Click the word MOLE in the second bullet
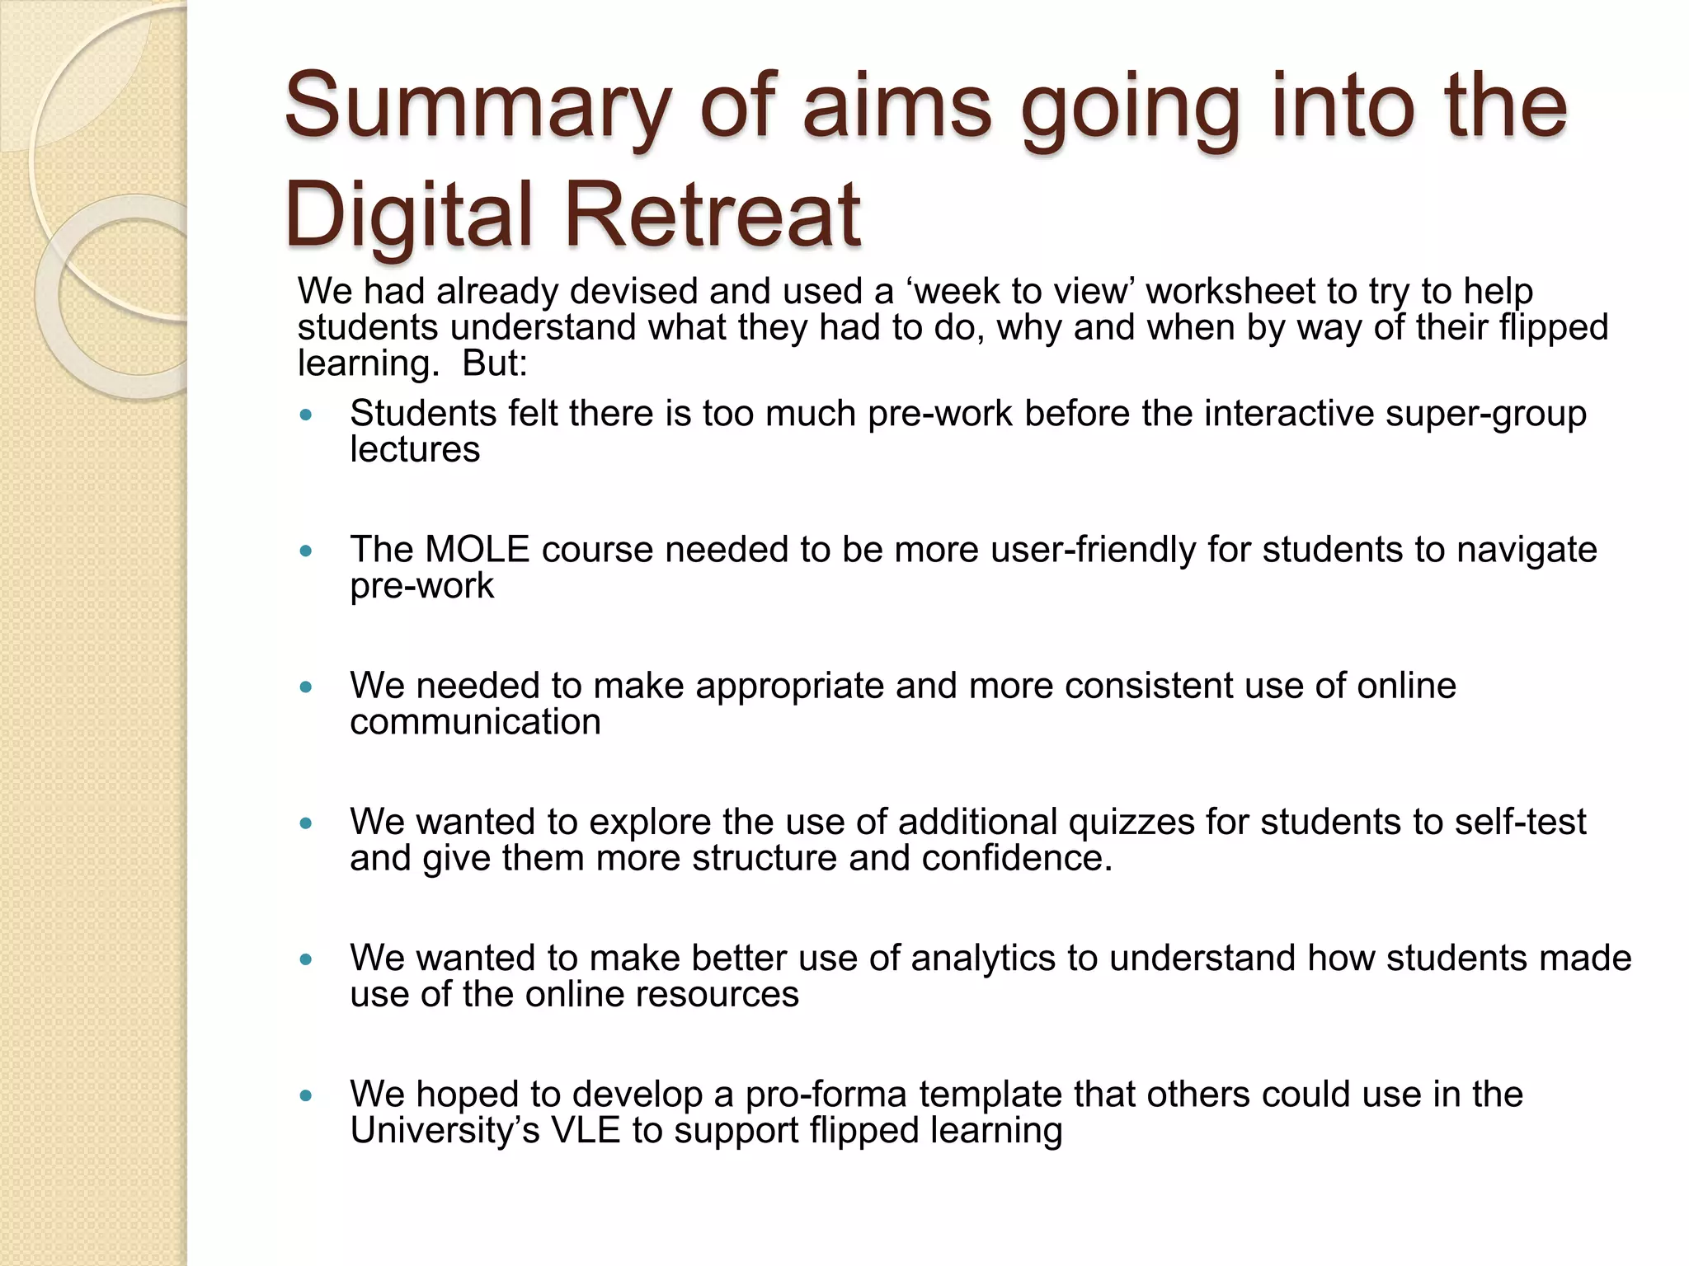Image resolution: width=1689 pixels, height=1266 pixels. point(477,550)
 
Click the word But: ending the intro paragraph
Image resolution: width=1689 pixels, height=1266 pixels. point(494,363)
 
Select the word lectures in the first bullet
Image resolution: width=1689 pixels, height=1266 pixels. point(415,450)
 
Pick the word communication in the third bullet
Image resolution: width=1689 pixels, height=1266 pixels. point(475,723)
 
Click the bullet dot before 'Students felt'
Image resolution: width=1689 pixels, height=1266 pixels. point(307,415)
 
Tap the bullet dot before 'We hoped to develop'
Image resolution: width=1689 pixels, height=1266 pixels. point(307,1096)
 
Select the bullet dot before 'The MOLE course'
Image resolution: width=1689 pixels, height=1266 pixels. point(307,551)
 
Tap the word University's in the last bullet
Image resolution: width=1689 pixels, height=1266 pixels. point(445,1130)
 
